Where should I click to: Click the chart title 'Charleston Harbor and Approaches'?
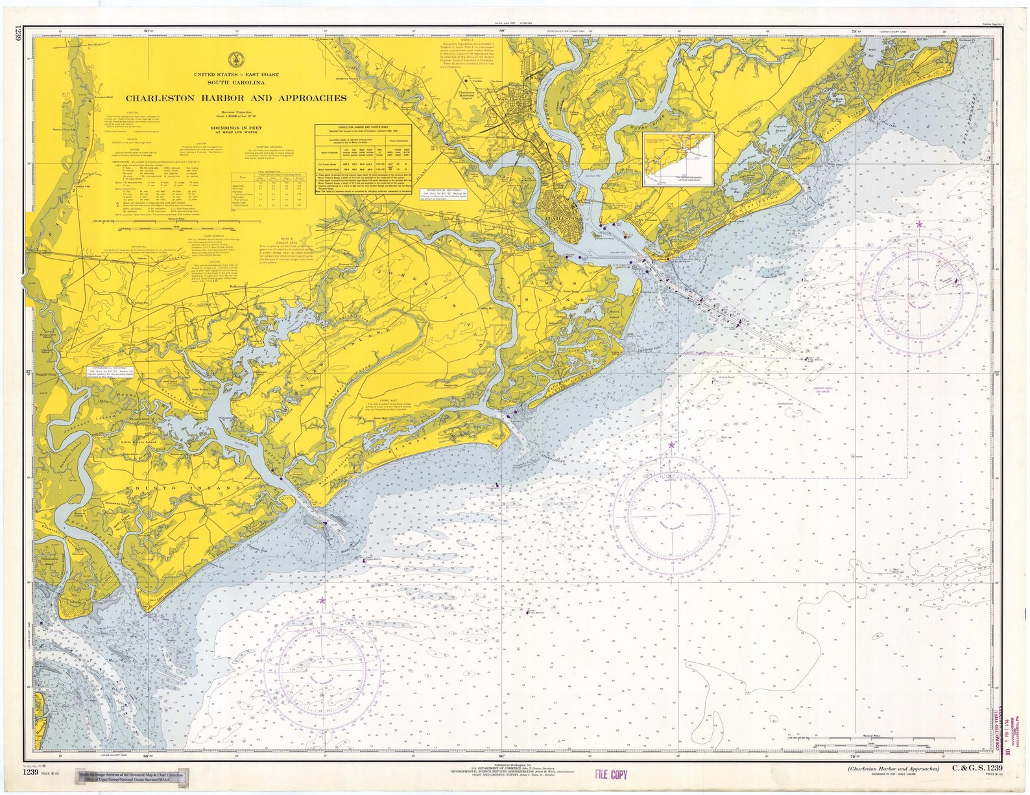(x=235, y=99)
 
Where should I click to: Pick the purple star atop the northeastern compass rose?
(x=919, y=224)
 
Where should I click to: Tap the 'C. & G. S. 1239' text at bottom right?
(x=977, y=769)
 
